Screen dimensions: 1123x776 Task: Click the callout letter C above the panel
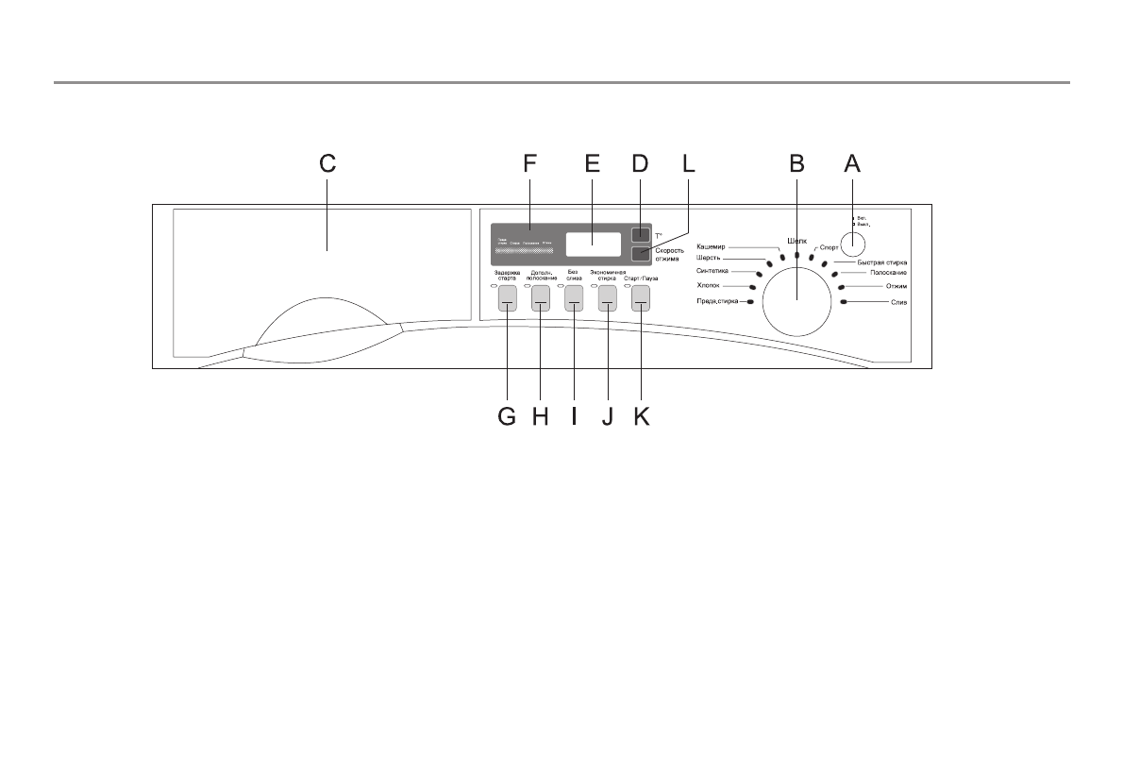327,163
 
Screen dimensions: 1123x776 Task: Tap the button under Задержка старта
507,298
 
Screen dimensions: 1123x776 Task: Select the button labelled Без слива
574,298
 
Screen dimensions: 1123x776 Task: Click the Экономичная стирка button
607,298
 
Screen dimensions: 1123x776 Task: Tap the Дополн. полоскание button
541,298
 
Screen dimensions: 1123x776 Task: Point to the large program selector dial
796,298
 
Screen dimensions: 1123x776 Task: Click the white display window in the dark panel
594,244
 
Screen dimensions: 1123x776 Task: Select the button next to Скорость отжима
641,253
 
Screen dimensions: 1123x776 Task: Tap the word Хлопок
709,285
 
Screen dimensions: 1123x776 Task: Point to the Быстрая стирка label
881,261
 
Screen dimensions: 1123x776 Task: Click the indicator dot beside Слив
843,302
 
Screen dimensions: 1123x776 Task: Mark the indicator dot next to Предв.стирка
749,302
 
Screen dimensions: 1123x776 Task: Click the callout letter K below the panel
642,416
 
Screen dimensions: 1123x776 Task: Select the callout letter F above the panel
529,163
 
